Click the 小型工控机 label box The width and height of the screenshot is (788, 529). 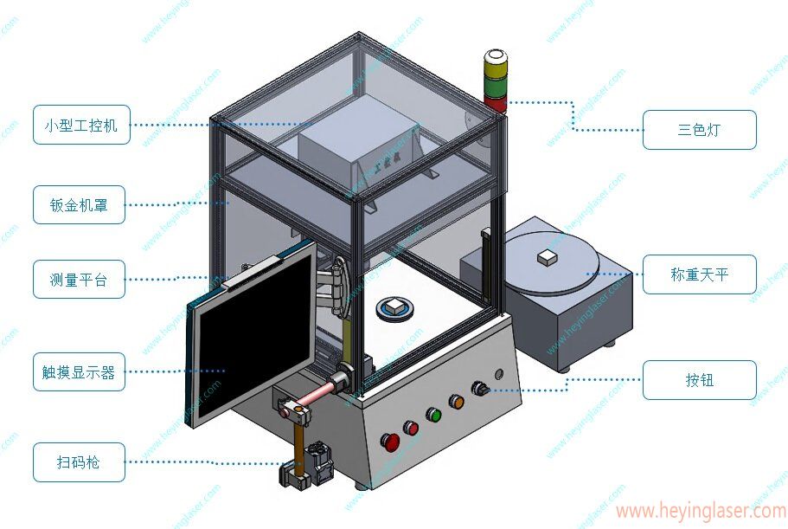[81, 125]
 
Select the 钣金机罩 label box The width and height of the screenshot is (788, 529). [79, 205]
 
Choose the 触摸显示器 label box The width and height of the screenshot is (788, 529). [79, 372]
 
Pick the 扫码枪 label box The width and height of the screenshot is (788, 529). [79, 462]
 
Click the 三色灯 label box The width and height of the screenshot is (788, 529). [699, 130]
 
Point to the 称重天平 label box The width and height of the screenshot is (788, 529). [699, 274]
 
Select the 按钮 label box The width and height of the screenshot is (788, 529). [699, 379]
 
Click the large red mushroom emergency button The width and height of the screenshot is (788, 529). [391, 441]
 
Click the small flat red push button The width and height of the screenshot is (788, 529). [411, 427]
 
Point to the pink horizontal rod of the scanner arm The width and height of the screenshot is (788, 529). [320, 394]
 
